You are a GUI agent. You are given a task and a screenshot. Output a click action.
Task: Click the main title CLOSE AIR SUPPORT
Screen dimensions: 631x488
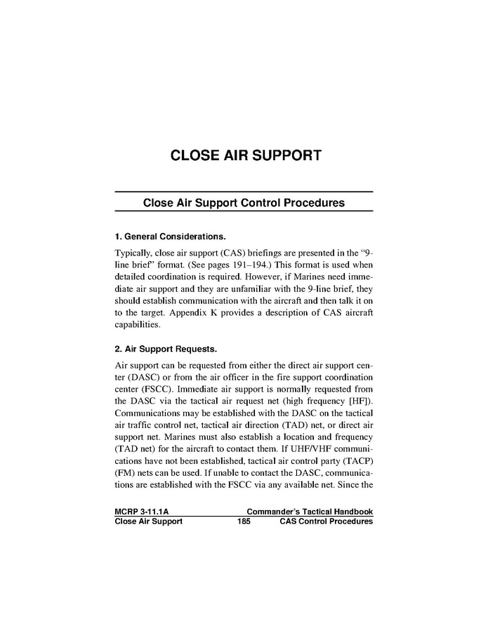click(x=246, y=155)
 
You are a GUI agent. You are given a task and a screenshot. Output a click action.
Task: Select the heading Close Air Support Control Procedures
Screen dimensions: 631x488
click(x=244, y=203)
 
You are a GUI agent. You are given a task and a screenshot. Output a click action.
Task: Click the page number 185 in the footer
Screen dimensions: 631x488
click(x=244, y=522)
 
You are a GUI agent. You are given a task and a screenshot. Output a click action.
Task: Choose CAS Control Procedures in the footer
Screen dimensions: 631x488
click(x=326, y=522)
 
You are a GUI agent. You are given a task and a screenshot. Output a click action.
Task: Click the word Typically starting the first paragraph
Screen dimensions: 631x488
click(x=133, y=251)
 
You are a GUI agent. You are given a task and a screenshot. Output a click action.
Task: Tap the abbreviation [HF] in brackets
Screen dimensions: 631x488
click(x=359, y=401)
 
